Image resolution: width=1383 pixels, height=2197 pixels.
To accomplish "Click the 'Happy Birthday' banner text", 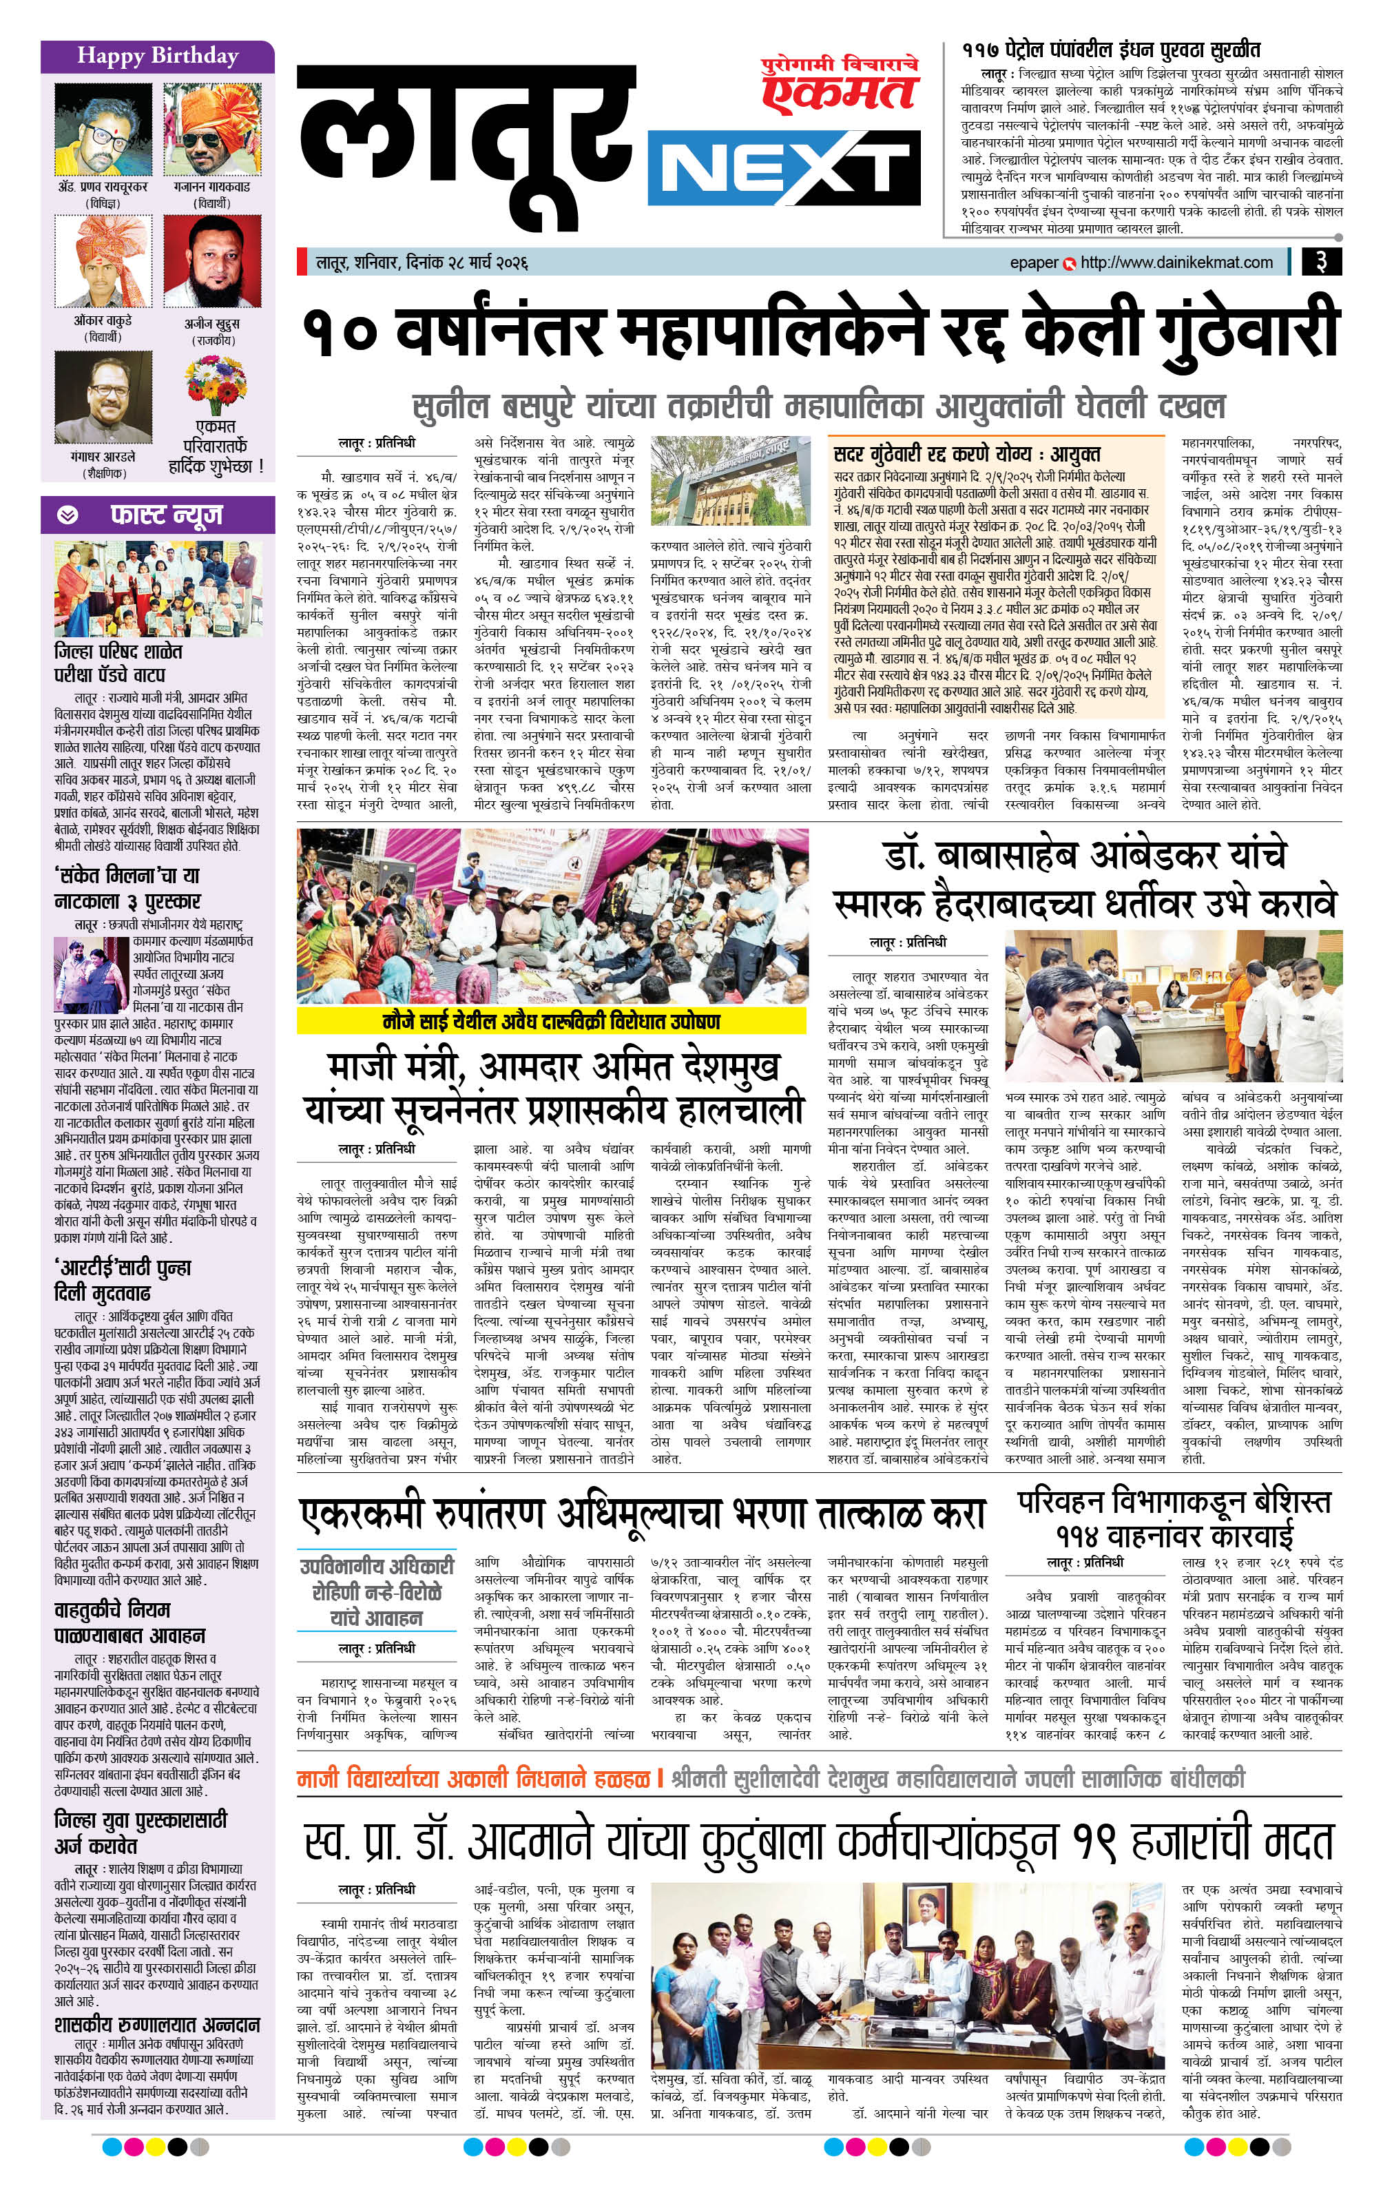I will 157,56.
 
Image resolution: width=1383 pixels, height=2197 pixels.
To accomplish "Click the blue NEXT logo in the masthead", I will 782,171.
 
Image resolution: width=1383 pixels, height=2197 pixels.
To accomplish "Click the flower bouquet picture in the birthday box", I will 216,384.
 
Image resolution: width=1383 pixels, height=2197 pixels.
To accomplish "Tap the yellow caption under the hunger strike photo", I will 551,1021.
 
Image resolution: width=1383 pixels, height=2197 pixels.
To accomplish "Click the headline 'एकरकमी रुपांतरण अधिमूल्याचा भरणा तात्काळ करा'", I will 642,1514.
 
